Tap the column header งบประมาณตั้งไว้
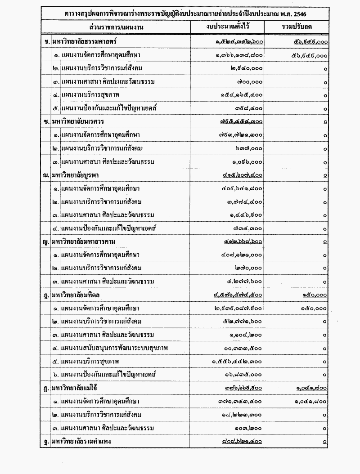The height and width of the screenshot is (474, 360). pyautogui.click(x=227, y=27)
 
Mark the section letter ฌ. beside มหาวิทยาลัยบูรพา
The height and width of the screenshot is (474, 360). pyautogui.click(x=46, y=175)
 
